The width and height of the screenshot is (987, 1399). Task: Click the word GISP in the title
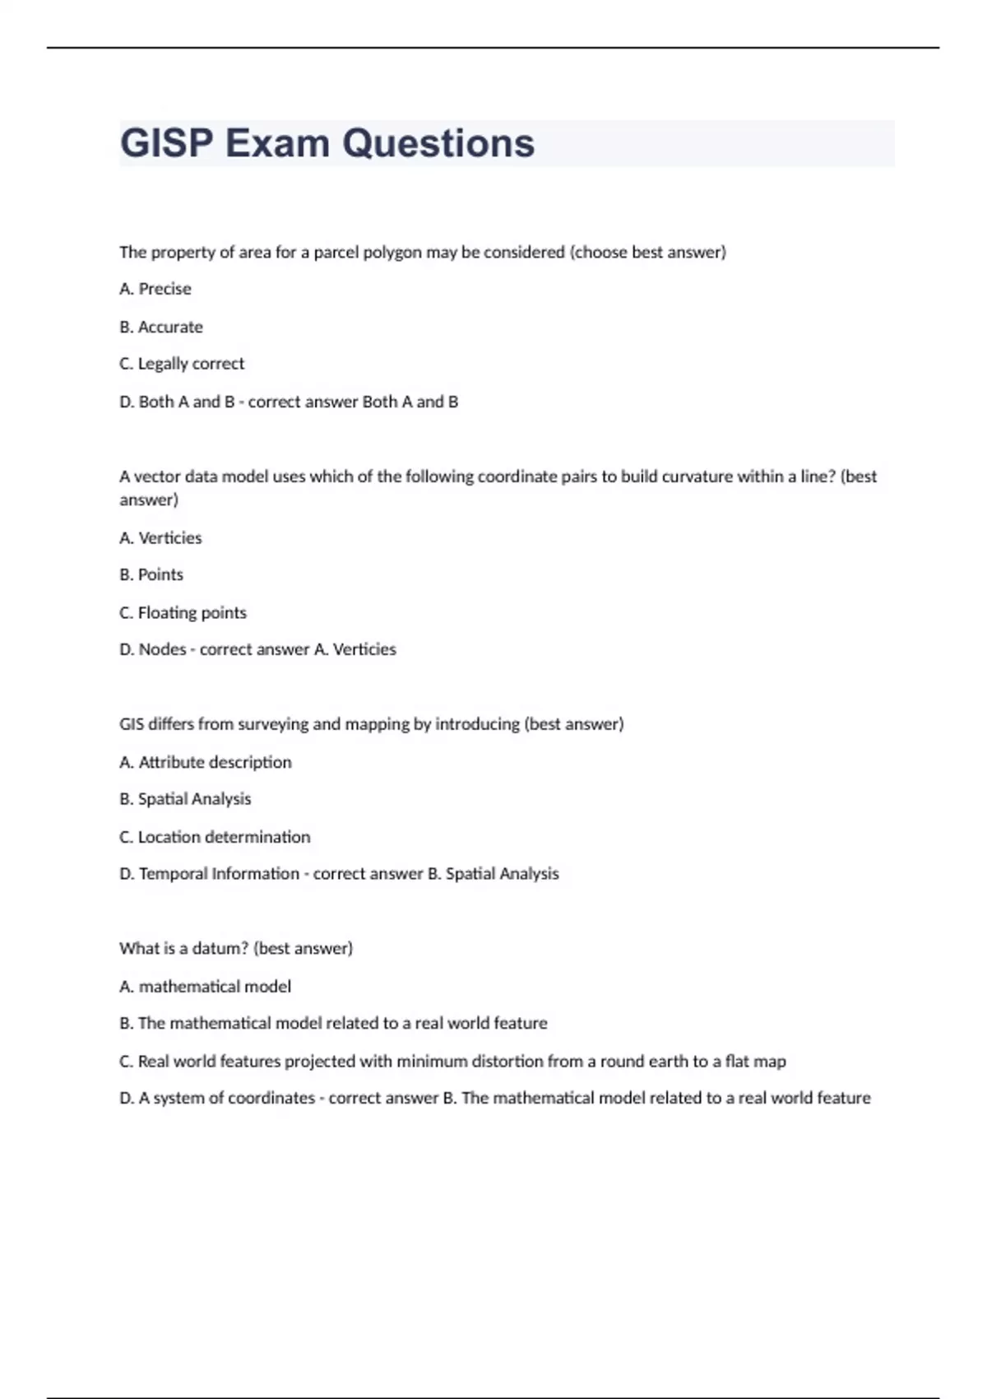coord(167,143)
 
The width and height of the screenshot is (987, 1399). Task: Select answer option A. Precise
coord(155,289)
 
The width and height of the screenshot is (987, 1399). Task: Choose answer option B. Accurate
coord(161,327)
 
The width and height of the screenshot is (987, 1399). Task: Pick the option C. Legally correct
coord(182,364)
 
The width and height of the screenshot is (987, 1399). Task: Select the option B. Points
coord(151,574)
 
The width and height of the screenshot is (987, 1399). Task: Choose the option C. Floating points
coord(183,612)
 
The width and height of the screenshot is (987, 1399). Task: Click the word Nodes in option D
coord(162,649)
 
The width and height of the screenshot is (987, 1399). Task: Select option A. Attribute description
coord(206,762)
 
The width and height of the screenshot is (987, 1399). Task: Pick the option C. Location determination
coord(215,837)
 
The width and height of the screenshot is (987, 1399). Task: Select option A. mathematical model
coord(206,986)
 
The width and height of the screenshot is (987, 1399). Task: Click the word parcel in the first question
coord(337,253)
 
